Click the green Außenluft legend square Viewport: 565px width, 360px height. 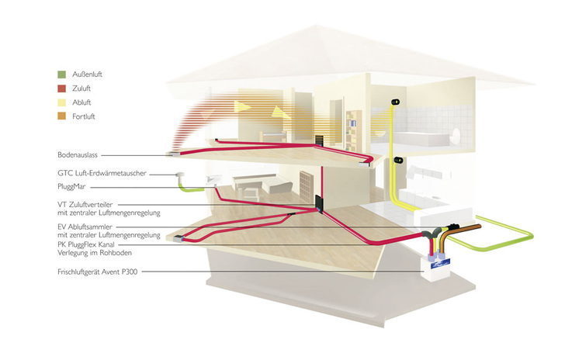click(x=61, y=74)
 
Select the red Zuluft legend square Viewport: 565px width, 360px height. click(x=61, y=88)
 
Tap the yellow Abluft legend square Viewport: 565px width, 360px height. click(x=61, y=102)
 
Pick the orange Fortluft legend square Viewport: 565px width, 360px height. click(x=61, y=116)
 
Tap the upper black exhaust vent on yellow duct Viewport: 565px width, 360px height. click(x=397, y=102)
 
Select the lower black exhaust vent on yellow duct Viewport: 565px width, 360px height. click(x=398, y=160)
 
